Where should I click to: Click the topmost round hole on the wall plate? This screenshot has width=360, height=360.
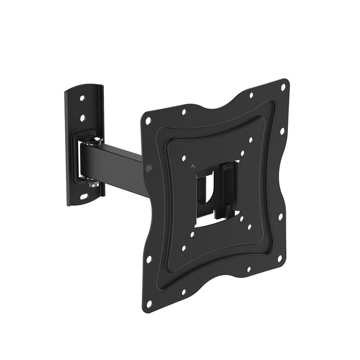(82, 98)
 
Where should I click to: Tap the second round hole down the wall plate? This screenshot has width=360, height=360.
(82, 118)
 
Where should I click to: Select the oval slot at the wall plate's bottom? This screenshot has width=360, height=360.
(83, 197)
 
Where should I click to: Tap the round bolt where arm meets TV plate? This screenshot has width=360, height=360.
(149, 168)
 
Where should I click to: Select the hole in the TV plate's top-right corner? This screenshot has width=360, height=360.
(283, 87)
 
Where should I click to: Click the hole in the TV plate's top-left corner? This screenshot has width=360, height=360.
(148, 121)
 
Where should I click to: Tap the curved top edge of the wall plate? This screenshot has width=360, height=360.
(85, 87)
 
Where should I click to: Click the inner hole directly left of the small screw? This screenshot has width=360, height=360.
(184, 158)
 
